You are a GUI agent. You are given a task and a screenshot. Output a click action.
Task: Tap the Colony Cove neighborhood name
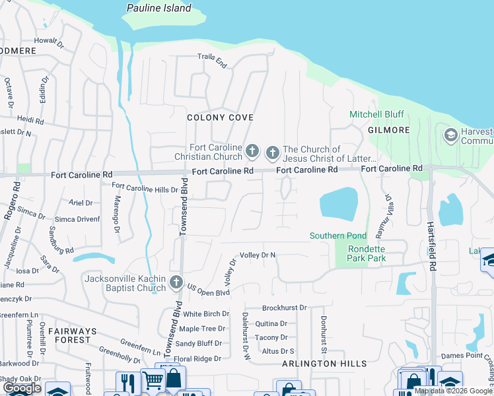(x=220, y=117)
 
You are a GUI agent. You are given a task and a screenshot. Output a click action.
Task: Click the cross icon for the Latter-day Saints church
(x=272, y=154)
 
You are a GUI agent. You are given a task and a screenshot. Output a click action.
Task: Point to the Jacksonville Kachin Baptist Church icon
(x=176, y=282)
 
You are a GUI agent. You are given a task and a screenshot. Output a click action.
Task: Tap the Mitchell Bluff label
(x=376, y=115)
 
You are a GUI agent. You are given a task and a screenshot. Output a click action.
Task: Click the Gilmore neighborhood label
(x=389, y=130)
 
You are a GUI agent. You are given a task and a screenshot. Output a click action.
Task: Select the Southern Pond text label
(x=337, y=236)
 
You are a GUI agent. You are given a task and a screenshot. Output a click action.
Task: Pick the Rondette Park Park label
(x=358, y=253)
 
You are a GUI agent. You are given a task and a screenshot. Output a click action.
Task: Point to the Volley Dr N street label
(x=258, y=255)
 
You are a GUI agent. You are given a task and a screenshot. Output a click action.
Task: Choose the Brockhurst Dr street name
(x=285, y=308)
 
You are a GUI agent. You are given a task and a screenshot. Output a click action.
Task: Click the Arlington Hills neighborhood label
(x=324, y=364)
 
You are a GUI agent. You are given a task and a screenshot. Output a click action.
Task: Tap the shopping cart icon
(x=153, y=380)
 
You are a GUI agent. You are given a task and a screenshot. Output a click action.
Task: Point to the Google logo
(x=21, y=388)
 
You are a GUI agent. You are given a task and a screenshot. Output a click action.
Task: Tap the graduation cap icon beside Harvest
(x=451, y=136)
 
